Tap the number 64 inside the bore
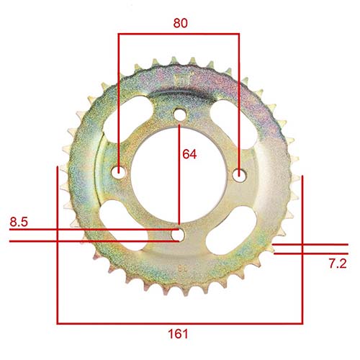coord(189,154)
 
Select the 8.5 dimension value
coord(19,222)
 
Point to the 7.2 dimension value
coord(338,264)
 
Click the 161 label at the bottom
coord(179,333)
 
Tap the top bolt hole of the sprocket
coord(179,113)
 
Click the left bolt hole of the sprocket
coord(120,171)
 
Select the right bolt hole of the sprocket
coord(239,171)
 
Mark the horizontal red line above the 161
coord(180,323)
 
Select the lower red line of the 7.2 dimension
coord(310,253)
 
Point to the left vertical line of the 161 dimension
coord(58,245)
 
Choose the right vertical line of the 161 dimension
coord(302,245)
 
